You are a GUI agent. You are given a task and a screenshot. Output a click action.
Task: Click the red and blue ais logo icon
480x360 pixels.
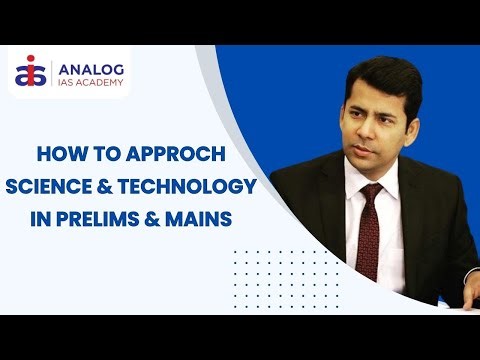point(32,73)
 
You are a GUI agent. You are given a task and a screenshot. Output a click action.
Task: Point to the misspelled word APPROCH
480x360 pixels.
point(171,155)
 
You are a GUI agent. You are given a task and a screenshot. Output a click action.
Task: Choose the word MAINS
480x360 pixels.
point(212,217)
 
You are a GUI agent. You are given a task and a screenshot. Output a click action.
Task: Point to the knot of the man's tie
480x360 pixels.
point(370,193)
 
